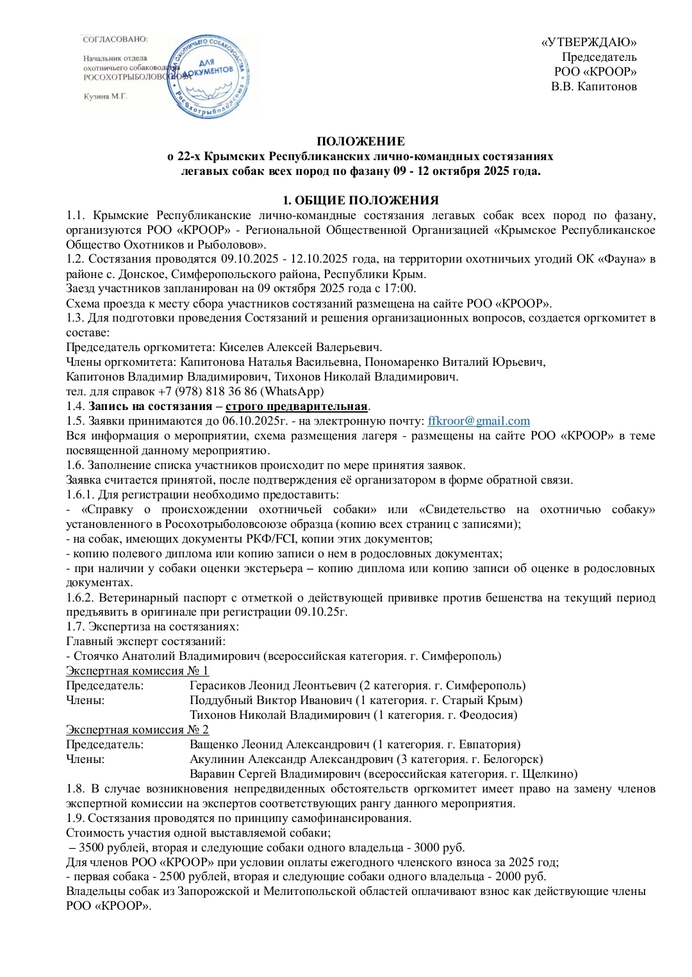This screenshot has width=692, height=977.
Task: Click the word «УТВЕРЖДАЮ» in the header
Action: point(589,42)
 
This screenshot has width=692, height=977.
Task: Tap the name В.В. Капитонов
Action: point(594,86)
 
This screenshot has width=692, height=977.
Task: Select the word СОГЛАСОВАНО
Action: point(115,40)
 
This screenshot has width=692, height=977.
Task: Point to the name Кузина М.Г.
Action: point(106,96)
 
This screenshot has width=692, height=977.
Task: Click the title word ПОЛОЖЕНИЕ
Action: point(361,141)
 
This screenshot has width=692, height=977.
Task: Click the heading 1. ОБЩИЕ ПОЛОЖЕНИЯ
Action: point(361,200)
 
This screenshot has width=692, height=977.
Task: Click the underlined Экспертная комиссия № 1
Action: point(137,671)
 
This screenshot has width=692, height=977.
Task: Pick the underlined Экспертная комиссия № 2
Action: point(137,729)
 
